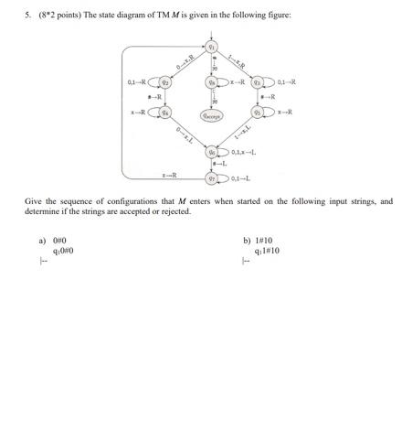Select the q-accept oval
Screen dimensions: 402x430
[212, 115]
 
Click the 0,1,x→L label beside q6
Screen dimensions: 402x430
[247, 151]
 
